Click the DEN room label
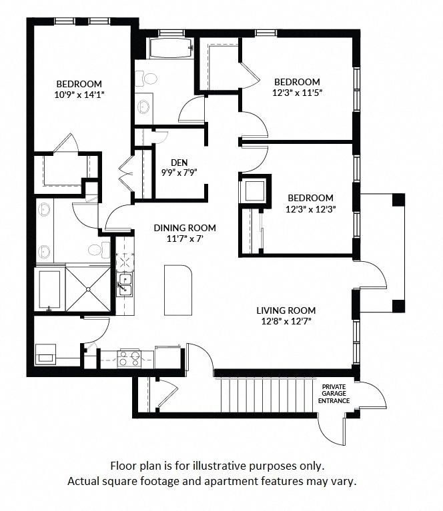[179, 162]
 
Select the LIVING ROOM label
[286, 310]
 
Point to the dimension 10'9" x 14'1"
[79, 95]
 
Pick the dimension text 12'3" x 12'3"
[310, 209]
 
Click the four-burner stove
[129, 358]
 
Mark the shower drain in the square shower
[88, 289]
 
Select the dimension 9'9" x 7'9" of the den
[179, 172]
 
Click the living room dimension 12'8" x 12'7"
[286, 321]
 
